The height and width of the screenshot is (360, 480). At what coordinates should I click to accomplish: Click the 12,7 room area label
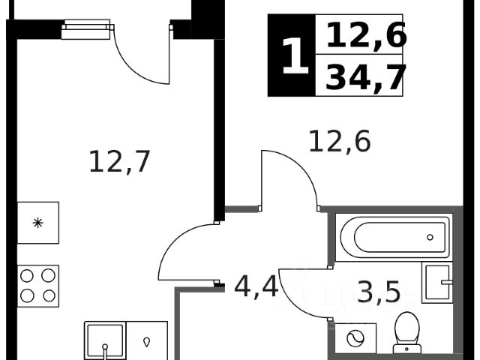pos(120,161)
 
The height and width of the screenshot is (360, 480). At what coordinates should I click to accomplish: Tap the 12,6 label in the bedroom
pos(340,140)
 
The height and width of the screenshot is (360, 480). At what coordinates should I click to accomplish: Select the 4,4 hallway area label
pos(256,286)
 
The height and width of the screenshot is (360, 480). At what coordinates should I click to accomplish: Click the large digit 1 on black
pos(294,55)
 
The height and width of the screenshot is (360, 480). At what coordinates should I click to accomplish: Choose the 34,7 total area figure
pos(366,76)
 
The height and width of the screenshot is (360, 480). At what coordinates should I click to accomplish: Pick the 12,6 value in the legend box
pos(366,34)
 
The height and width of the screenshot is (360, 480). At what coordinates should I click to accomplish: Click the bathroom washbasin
pos(436,283)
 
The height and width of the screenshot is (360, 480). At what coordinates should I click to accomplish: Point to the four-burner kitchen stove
pos(37,286)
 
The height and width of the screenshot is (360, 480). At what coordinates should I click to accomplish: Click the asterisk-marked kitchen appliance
pos(37,223)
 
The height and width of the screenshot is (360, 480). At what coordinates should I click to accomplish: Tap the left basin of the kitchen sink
pos(104,342)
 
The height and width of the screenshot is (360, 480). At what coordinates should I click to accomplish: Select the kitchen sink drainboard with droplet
pos(147,341)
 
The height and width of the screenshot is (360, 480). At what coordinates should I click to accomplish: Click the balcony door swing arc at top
pos(142,60)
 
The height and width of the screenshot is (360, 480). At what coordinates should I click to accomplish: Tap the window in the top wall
pos(85,30)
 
